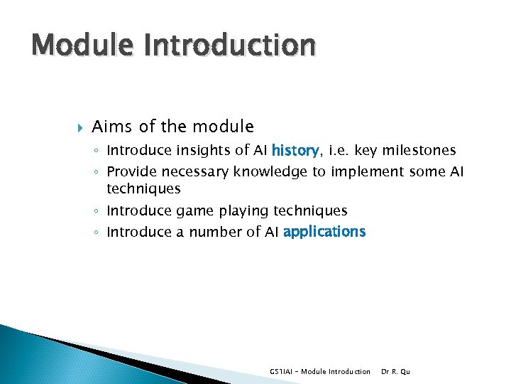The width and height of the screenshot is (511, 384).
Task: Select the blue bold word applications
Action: [324, 231]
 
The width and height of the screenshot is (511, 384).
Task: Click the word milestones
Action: [419, 150]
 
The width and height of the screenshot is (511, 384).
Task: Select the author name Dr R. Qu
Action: [395, 371]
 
